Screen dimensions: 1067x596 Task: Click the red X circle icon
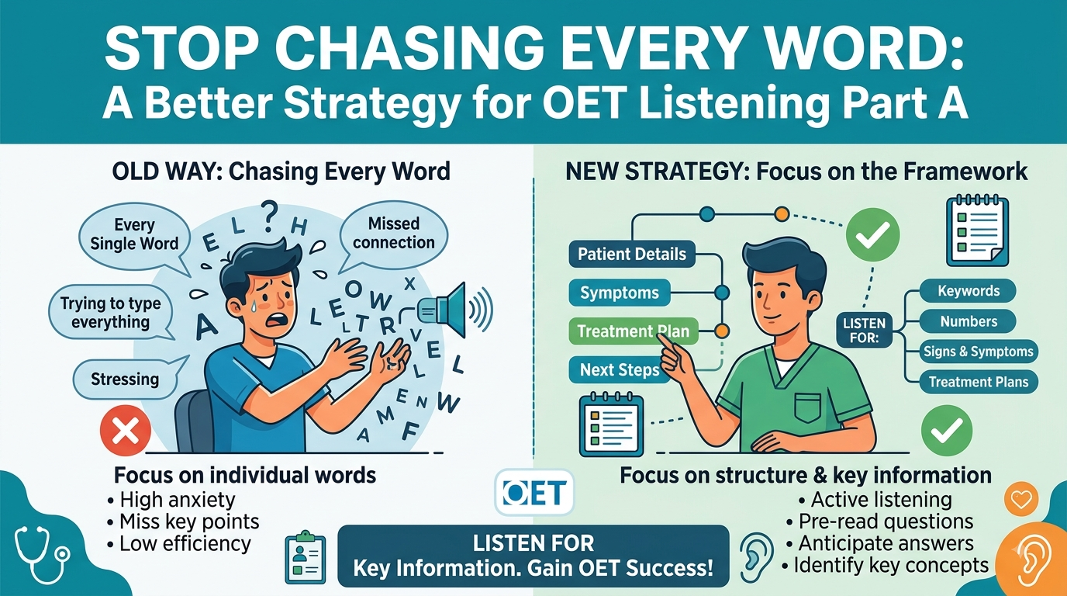pyautogui.click(x=126, y=430)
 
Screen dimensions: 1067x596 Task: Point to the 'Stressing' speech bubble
pyautogui.click(x=125, y=379)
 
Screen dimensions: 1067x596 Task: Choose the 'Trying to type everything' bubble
pyautogui.click(x=111, y=312)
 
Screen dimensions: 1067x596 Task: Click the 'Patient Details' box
pyautogui.click(x=632, y=254)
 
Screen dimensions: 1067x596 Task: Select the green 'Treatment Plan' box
pyautogui.click(x=633, y=331)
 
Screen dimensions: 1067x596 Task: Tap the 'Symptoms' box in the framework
pyautogui.click(x=620, y=293)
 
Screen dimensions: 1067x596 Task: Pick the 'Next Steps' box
pyautogui.click(x=620, y=370)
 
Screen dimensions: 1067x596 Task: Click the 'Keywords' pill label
pyautogui.click(x=969, y=291)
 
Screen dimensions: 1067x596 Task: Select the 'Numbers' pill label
pyautogui.click(x=969, y=321)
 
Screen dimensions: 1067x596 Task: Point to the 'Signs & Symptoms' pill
pyautogui.click(x=979, y=352)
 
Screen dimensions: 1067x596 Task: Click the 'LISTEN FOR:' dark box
pyautogui.click(x=864, y=331)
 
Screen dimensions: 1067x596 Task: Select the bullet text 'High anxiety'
pyautogui.click(x=178, y=500)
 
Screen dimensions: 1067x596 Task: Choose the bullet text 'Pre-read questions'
pyautogui.click(x=886, y=521)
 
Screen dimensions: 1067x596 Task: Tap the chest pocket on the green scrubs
pyautogui.click(x=808, y=407)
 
